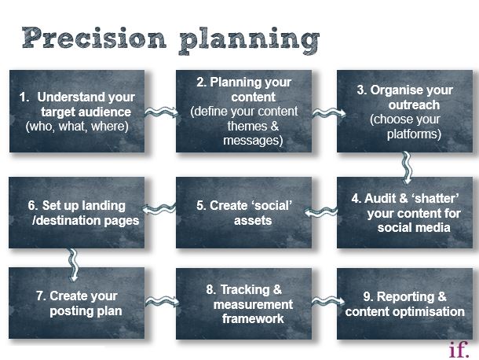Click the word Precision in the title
click(94, 38)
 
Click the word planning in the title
click(249, 41)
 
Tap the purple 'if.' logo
click(459, 349)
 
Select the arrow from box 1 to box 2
click(161, 112)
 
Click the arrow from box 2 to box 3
click(329, 113)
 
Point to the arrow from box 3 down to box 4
click(407, 168)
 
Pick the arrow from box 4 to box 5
click(321, 211)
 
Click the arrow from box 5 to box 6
click(159, 208)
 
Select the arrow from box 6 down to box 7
click(73, 265)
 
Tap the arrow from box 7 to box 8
click(163, 302)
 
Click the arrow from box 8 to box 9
click(328, 301)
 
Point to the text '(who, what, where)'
click(77, 127)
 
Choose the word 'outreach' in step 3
click(414, 105)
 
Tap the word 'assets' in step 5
click(253, 220)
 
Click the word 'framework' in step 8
click(253, 318)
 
